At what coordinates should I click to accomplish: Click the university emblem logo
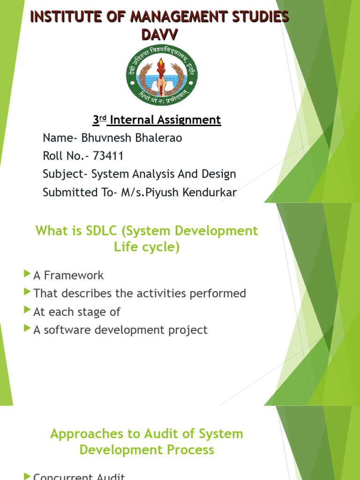pos(162,76)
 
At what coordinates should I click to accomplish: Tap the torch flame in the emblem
pos(161,63)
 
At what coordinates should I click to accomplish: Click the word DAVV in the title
pos(159,34)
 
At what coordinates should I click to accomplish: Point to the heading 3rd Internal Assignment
pos(157,120)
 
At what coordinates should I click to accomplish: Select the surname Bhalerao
pos(159,138)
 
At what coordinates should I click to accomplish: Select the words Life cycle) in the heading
pos(147,247)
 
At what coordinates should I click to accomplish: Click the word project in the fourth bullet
pos(188,330)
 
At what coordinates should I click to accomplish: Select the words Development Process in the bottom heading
pos(147,450)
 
